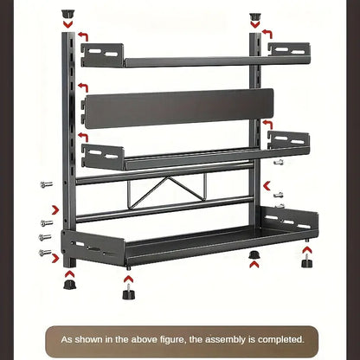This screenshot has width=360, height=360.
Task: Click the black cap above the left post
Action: pos(68,14)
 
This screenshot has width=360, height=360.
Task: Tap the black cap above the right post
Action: pos(255,16)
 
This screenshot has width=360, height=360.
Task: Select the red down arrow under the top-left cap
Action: pos(68,24)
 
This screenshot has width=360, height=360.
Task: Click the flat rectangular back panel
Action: pos(179,108)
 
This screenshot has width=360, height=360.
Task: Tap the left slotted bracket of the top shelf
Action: pos(103,55)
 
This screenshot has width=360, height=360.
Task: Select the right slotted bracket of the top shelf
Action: pos(289,49)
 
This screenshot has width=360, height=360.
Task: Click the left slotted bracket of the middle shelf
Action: pos(103,157)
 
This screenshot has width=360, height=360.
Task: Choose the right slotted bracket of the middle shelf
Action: pos(288,139)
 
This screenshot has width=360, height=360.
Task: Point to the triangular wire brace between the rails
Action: pos(166,190)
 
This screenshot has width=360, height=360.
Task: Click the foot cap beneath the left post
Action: pos(70,284)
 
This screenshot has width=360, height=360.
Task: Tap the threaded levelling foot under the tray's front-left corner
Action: pos(128,292)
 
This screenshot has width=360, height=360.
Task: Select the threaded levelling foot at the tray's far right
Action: pos(307,261)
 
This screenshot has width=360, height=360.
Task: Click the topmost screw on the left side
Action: pos(47,184)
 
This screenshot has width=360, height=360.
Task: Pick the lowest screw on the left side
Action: pos(45,253)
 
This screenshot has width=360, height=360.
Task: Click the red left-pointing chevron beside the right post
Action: pos(267,186)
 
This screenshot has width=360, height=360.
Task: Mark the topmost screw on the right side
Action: pos(279,163)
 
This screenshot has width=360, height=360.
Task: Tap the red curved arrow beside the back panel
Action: pos(83,87)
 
